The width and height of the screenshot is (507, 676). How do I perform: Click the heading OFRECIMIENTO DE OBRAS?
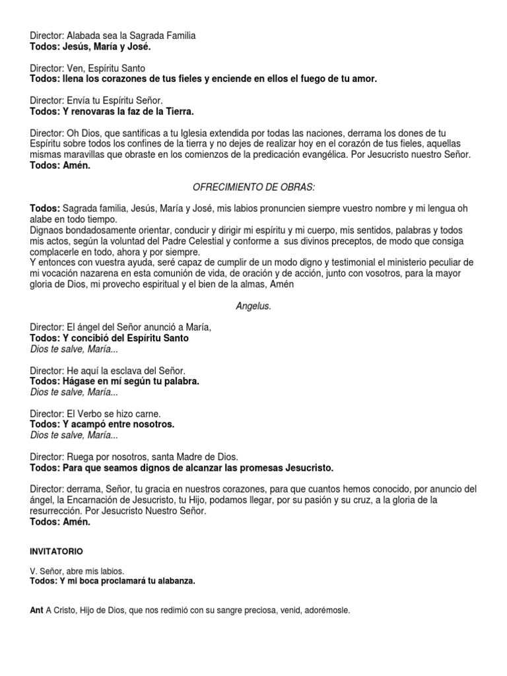click(253, 188)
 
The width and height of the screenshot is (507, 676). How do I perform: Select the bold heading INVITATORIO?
click(57, 551)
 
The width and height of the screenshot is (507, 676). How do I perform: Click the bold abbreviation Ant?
click(36, 611)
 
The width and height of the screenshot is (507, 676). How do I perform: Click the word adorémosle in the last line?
click(327, 611)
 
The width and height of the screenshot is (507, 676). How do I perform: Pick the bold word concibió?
click(91, 337)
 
